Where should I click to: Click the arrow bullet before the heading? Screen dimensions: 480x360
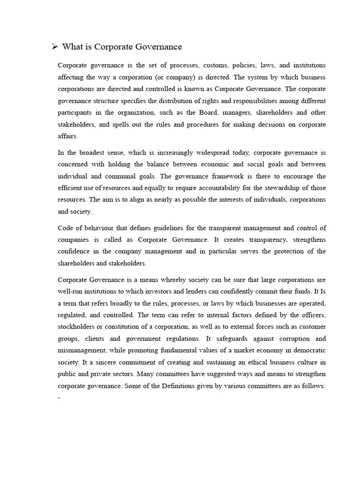54,46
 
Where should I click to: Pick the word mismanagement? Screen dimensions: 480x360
84,351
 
